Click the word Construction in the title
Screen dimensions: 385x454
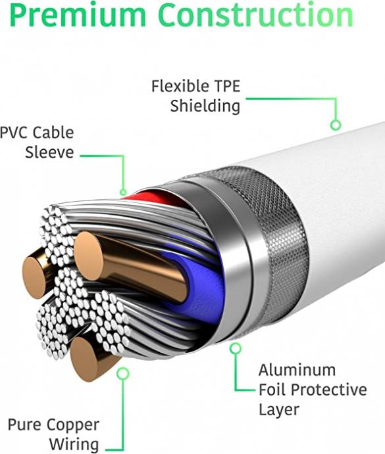click(x=256, y=14)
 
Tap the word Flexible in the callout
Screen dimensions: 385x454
click(x=180, y=86)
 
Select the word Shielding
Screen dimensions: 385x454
click(x=205, y=106)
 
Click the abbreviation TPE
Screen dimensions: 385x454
click(x=227, y=86)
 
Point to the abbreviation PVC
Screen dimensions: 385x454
click(x=14, y=133)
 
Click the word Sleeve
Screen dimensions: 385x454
click(x=49, y=152)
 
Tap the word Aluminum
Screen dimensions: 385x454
click(x=297, y=370)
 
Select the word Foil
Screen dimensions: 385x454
click(x=272, y=390)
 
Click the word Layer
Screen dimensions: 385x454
click(x=279, y=410)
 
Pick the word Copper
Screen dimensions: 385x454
click(x=73, y=425)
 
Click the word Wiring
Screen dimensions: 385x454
click(x=74, y=444)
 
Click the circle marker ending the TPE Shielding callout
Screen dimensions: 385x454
click(x=336, y=125)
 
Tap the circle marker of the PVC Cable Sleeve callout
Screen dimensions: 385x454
click(x=123, y=192)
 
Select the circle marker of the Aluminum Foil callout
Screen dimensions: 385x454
click(x=236, y=348)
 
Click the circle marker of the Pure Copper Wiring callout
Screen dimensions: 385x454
click(x=122, y=373)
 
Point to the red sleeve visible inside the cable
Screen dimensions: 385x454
click(x=151, y=197)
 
